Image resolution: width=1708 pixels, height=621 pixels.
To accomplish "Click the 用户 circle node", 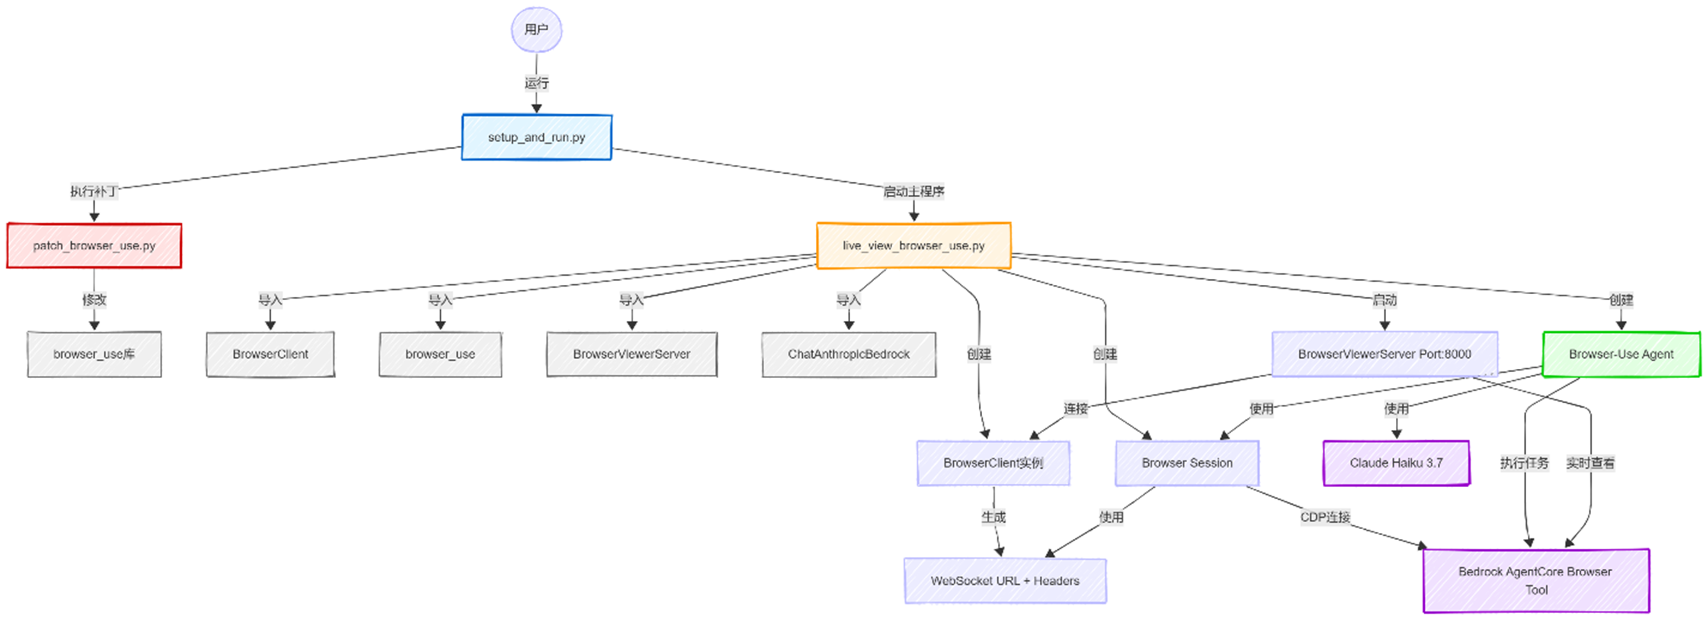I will pos(536,30).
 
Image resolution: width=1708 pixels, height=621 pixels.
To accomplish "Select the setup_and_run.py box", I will pos(536,137).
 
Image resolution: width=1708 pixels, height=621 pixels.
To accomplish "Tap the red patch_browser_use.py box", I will pos(94,245).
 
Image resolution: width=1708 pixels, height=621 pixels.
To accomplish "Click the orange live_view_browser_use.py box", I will pos(913,245).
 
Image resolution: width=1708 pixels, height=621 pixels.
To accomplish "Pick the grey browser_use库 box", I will pos(94,354).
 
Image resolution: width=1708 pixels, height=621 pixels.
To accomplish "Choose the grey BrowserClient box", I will pos(270,354).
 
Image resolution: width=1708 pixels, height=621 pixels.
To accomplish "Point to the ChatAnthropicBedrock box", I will pos(849,354).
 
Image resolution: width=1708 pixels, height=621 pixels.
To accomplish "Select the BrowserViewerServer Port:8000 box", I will pos(1384,354).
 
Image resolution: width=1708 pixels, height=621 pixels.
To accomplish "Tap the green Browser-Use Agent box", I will pos(1621,354).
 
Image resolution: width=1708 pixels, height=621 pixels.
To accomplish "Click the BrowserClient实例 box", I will pos(993,463).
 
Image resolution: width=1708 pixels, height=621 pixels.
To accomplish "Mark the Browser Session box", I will pos(1187,463).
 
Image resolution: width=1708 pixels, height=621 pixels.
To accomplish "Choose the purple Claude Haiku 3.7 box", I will pos(1396,463).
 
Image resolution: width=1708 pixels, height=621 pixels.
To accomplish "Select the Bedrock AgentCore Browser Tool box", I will pos(1535,580).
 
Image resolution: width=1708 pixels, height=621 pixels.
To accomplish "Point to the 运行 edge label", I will pos(536,83).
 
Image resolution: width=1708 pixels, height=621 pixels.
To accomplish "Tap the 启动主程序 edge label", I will pos(913,192).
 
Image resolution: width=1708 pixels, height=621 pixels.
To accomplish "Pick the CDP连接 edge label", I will pos(1325,517).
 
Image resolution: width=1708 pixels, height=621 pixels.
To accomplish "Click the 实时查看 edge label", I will pos(1590,463).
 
